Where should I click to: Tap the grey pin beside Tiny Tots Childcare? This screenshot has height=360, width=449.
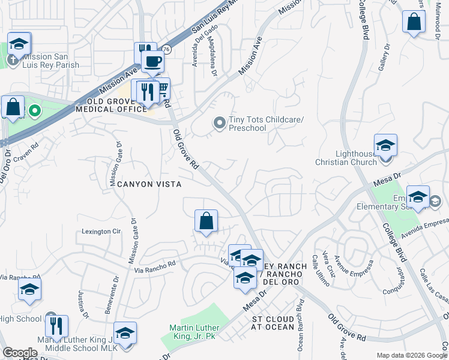[219, 123]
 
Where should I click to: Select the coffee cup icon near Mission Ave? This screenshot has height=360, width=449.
[152, 61]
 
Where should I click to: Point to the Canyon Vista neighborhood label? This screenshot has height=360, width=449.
[146, 184]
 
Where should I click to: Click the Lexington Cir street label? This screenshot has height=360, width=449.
[101, 232]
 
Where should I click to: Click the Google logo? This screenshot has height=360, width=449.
[20, 353]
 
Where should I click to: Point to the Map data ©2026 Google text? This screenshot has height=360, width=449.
[411, 355]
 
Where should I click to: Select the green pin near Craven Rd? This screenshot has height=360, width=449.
[35, 110]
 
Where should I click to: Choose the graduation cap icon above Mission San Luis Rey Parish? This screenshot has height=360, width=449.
[19, 44]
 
